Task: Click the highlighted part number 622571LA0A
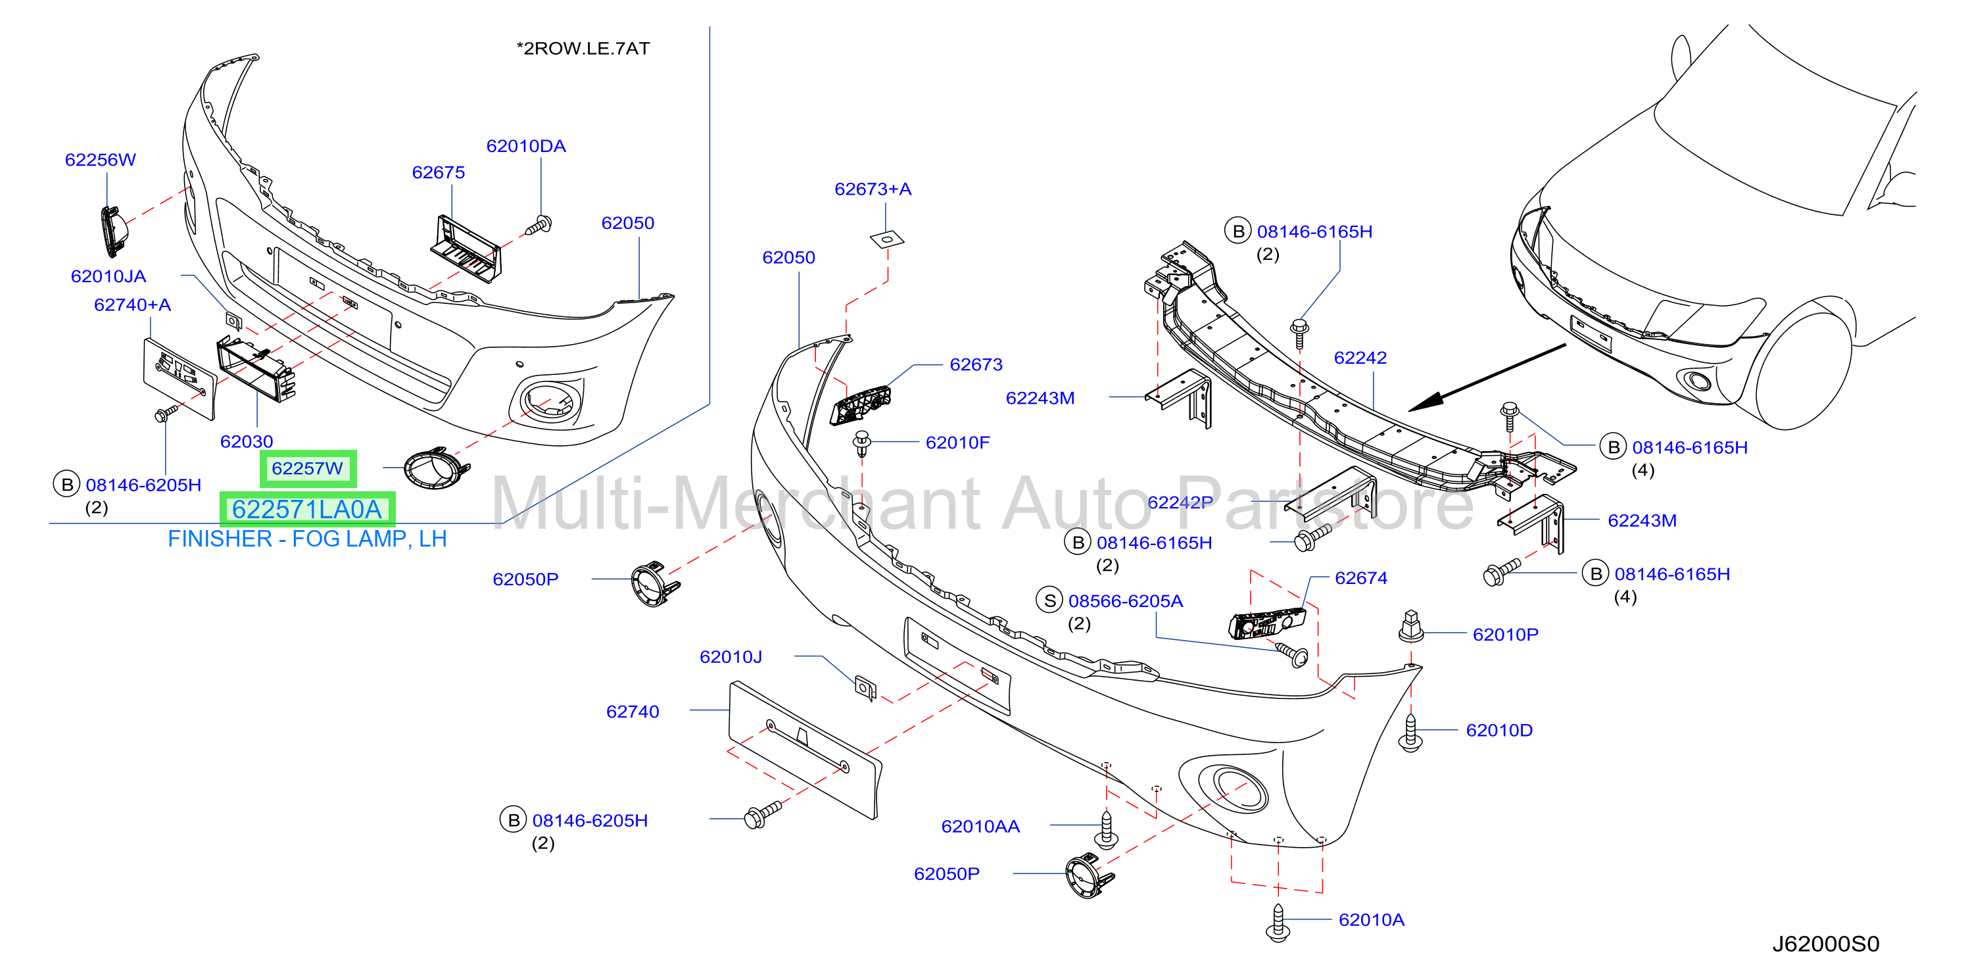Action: [307, 509]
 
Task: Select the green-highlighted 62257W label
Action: [308, 468]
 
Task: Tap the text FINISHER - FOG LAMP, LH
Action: [307, 539]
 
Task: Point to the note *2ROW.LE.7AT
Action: [583, 48]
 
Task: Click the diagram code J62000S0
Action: [1825, 944]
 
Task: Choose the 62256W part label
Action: [100, 159]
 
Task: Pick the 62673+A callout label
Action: [873, 189]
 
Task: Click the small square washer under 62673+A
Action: [887, 239]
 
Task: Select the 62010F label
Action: [958, 443]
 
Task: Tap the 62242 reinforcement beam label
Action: [1360, 357]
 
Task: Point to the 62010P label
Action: [1505, 634]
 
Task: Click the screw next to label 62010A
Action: [1278, 923]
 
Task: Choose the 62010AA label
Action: [981, 827]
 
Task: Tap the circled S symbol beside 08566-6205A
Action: [1050, 600]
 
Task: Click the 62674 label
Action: [1361, 577]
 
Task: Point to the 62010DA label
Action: [526, 146]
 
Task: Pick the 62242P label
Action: [1180, 502]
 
